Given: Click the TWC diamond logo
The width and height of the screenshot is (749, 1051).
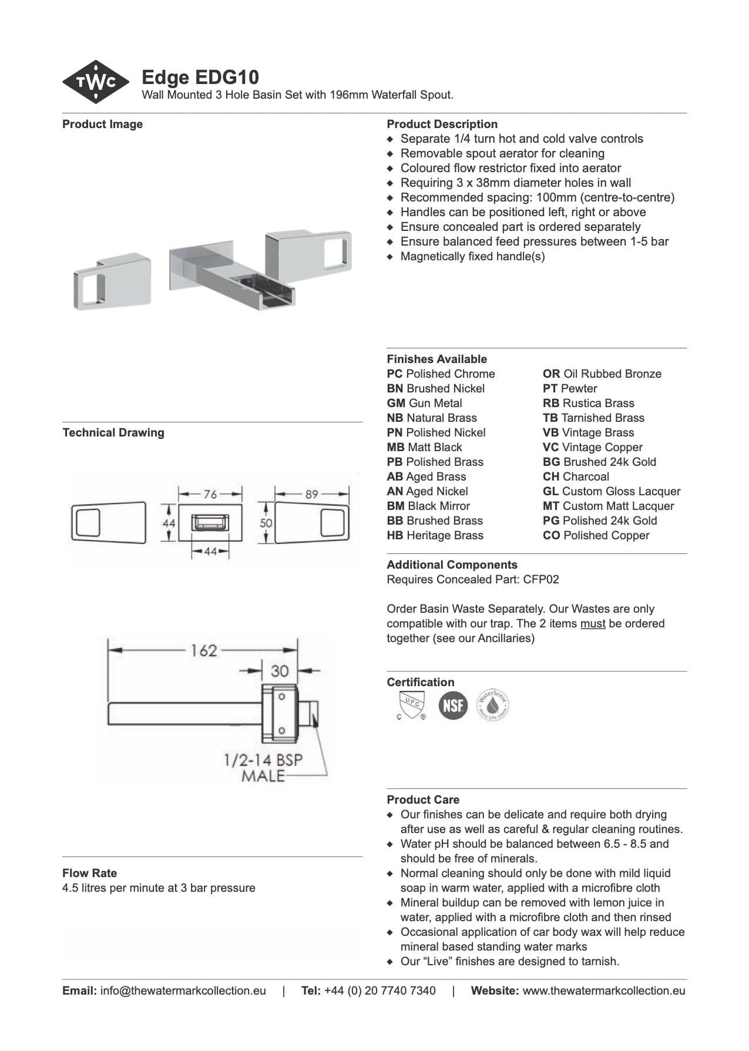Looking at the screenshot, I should (96, 82).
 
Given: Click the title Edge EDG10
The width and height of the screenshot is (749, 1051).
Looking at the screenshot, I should (200, 78).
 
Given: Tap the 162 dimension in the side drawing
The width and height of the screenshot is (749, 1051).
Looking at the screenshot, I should (203, 650).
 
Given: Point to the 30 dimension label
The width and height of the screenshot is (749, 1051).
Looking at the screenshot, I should (280, 671).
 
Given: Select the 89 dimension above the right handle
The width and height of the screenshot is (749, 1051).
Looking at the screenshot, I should (311, 494).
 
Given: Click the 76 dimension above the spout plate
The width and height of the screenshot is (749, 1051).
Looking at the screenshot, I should (210, 494).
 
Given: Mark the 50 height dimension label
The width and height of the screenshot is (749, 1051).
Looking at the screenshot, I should (266, 522).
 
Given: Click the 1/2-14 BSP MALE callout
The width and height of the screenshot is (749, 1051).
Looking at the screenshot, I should (263, 767).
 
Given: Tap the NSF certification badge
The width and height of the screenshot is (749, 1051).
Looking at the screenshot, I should (453, 705).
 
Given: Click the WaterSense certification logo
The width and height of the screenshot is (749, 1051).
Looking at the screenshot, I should (492, 705).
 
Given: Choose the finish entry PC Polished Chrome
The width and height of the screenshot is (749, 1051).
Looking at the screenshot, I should (441, 374).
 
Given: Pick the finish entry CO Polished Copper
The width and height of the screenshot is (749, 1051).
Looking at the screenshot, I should (596, 535).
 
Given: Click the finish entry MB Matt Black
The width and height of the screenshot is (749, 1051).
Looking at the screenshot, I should (424, 447).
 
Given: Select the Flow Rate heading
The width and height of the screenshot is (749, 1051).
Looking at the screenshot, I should (89, 873).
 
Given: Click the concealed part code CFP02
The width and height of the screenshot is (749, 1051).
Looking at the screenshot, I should (541, 579).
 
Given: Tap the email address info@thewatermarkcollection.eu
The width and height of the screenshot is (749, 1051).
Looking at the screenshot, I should (183, 990).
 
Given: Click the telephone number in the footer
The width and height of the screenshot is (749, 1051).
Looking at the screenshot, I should (379, 990).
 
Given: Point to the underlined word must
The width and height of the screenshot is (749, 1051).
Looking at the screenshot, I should (592, 623).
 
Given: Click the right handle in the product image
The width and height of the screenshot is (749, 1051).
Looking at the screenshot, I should (308, 253).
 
